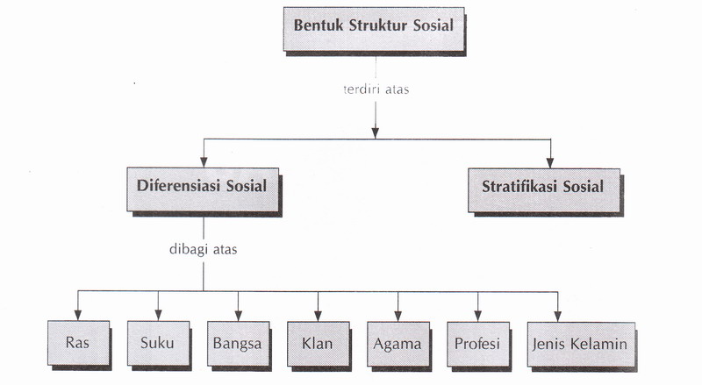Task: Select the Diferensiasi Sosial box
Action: (202, 187)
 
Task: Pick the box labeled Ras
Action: (75, 343)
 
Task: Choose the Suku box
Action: (157, 343)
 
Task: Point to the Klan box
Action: (316, 343)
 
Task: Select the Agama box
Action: (398, 343)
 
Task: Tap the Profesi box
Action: (477, 343)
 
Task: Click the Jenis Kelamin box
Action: (577, 343)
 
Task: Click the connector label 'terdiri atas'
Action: (375, 90)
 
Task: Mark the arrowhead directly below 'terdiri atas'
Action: (375, 132)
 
